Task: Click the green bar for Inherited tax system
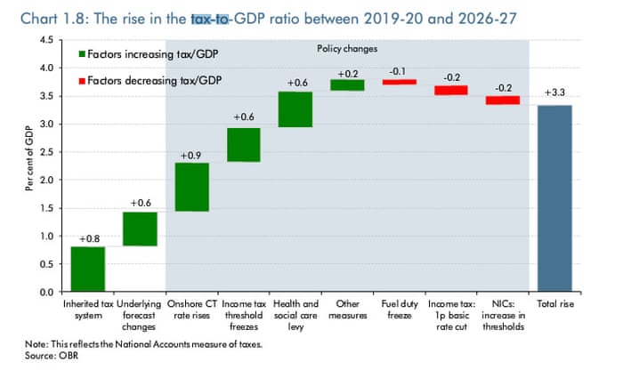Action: (x=88, y=269)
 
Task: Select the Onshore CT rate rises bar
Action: (x=192, y=187)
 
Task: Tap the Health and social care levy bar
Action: (x=295, y=109)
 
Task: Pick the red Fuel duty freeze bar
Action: (x=399, y=82)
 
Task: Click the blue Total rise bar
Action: (x=554, y=198)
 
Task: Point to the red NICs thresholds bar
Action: (x=502, y=101)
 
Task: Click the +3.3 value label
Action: (x=554, y=93)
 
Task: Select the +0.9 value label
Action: (x=191, y=156)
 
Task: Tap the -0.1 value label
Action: (x=399, y=70)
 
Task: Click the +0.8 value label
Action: (x=88, y=239)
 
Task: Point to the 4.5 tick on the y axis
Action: (x=45, y=40)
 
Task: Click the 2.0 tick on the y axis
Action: (x=45, y=181)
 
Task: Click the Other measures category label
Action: (x=347, y=309)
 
